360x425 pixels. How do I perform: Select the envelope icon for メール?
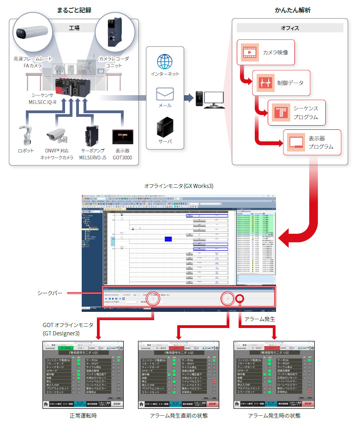click(164, 93)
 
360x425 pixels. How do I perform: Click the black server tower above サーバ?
click(164, 125)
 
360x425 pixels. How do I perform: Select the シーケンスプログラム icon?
click(280, 111)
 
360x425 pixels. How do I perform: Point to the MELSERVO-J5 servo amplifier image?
click(91, 134)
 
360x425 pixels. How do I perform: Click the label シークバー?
click(49, 293)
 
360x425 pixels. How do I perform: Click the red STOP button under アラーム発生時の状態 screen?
click(307, 403)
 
